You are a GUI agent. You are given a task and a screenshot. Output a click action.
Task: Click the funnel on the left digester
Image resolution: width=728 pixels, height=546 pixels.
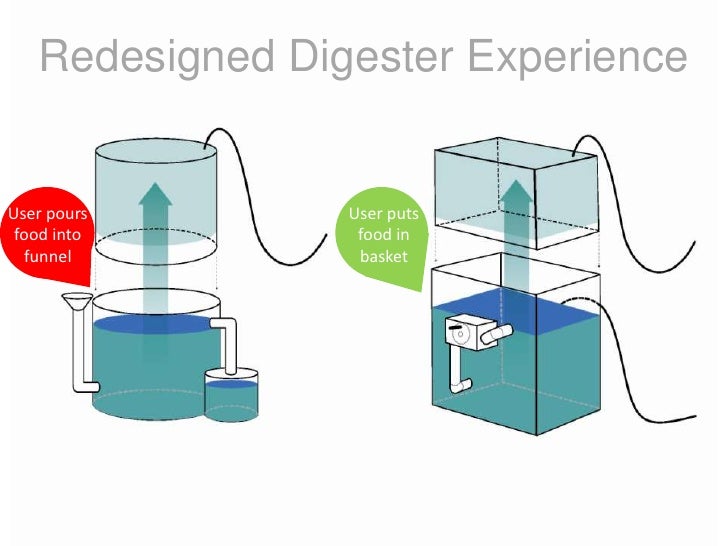(x=74, y=300)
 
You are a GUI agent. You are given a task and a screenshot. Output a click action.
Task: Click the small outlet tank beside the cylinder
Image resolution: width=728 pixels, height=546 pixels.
(x=231, y=396)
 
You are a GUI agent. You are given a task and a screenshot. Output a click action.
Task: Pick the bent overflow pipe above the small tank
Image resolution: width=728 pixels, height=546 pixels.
(x=228, y=340)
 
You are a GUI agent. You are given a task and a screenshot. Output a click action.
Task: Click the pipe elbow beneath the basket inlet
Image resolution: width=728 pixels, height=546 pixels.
(x=461, y=380)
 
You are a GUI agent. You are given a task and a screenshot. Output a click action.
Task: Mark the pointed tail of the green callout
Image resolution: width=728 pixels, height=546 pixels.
(x=419, y=285)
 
